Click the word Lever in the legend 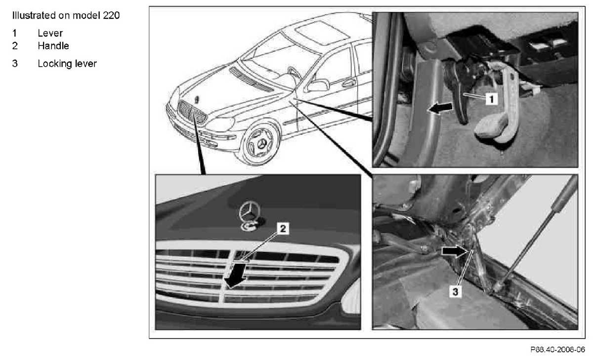click(x=50, y=33)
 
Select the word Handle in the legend click(x=53, y=46)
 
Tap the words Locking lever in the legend click(x=67, y=64)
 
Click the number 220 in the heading click(x=111, y=15)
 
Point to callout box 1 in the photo click(x=491, y=99)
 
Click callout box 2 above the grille click(x=283, y=228)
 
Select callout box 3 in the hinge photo click(x=455, y=292)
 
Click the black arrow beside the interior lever click(x=440, y=108)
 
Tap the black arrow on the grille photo click(x=234, y=275)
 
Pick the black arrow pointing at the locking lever click(x=454, y=251)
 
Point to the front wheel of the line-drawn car click(x=260, y=144)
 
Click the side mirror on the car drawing click(x=318, y=86)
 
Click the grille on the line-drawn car click(x=192, y=113)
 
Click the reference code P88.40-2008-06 click(x=557, y=350)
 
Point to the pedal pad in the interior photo click(x=491, y=128)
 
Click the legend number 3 click(x=15, y=64)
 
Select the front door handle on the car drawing click(x=349, y=83)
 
